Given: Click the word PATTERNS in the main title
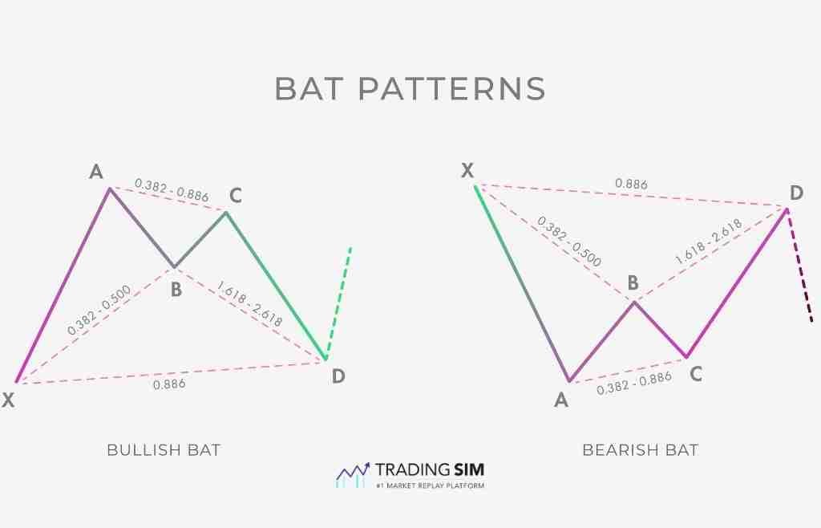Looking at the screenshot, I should click(451, 88).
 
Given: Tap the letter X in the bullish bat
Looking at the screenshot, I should click(8, 400).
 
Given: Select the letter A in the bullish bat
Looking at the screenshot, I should click(96, 172).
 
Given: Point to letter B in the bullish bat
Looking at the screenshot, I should click(176, 290).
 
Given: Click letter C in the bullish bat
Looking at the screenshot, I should click(235, 195).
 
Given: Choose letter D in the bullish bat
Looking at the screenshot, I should click(338, 375).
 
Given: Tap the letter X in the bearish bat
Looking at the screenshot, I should click(468, 170).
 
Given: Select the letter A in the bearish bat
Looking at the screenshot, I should click(561, 399).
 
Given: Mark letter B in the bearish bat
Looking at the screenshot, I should click(633, 282).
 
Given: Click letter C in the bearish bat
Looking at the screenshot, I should click(696, 373).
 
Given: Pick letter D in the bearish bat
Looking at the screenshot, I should click(796, 193).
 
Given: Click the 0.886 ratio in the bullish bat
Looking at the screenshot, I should click(169, 384).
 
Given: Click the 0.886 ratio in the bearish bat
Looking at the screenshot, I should click(631, 184).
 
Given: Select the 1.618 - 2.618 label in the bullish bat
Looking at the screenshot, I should click(249, 304).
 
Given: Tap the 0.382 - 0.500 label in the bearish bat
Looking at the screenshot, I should click(569, 241).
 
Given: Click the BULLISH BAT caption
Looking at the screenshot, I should click(164, 450).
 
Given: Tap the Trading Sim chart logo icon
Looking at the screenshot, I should click(352, 474).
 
